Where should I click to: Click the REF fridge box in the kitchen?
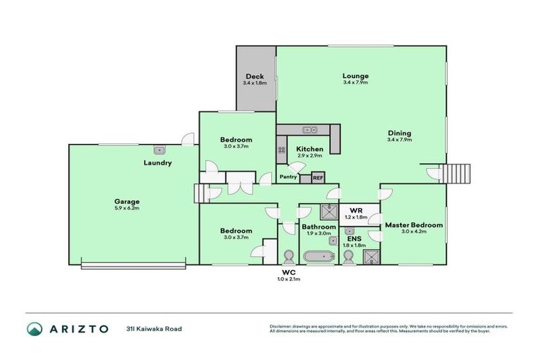tap(317, 177)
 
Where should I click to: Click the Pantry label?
tap(288, 176)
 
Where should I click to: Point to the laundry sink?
tap(160, 149)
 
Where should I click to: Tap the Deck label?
tap(254, 77)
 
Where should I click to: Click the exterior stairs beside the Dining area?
tap(456, 174)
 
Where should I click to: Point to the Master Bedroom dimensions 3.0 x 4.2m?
tap(413, 231)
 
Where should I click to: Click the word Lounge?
tap(355, 76)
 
